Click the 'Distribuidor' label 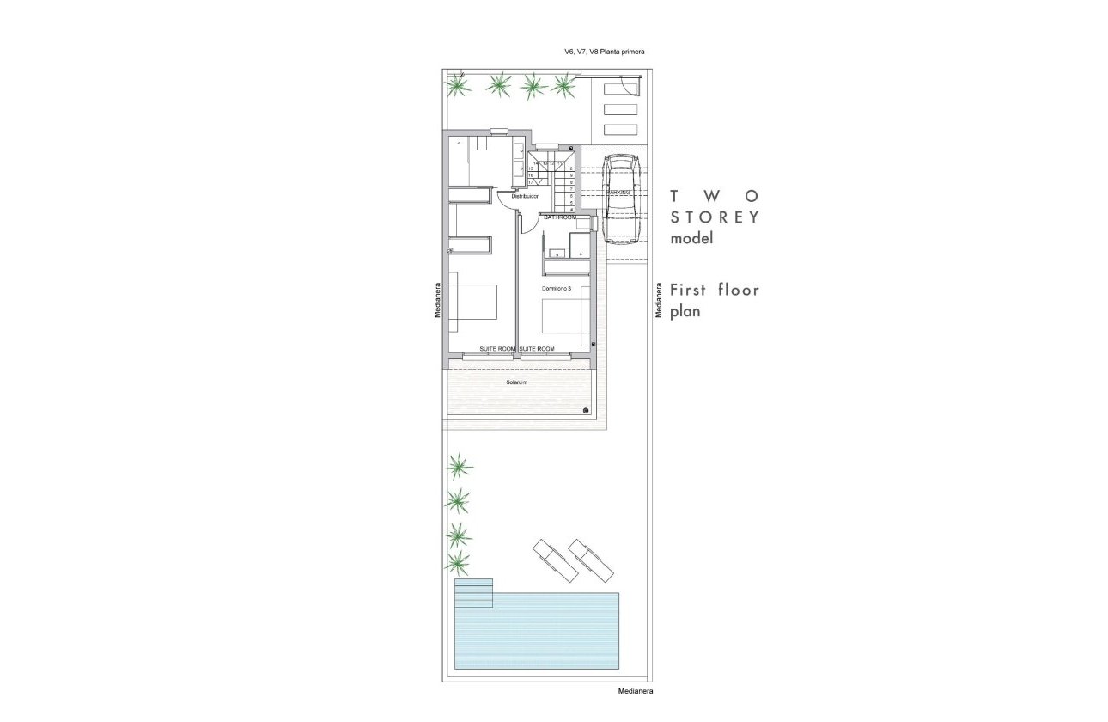pyautogui.click(x=525, y=197)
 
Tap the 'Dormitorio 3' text pyautogui.click(x=557, y=288)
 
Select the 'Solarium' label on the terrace pyautogui.click(x=516, y=381)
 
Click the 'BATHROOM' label pyautogui.click(x=560, y=217)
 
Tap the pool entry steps pyautogui.click(x=474, y=592)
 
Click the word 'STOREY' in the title pyautogui.click(x=715, y=217)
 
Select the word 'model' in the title pyautogui.click(x=692, y=240)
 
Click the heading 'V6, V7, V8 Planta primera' pyautogui.click(x=604, y=52)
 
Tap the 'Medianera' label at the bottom pyautogui.click(x=636, y=690)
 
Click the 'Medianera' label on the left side pyautogui.click(x=437, y=301)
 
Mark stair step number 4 pyautogui.click(x=571, y=209)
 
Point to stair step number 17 pyautogui.click(x=531, y=182)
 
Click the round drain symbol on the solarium pyautogui.click(x=584, y=410)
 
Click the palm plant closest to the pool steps pyautogui.click(x=458, y=563)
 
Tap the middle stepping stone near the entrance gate pyautogui.click(x=620, y=109)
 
